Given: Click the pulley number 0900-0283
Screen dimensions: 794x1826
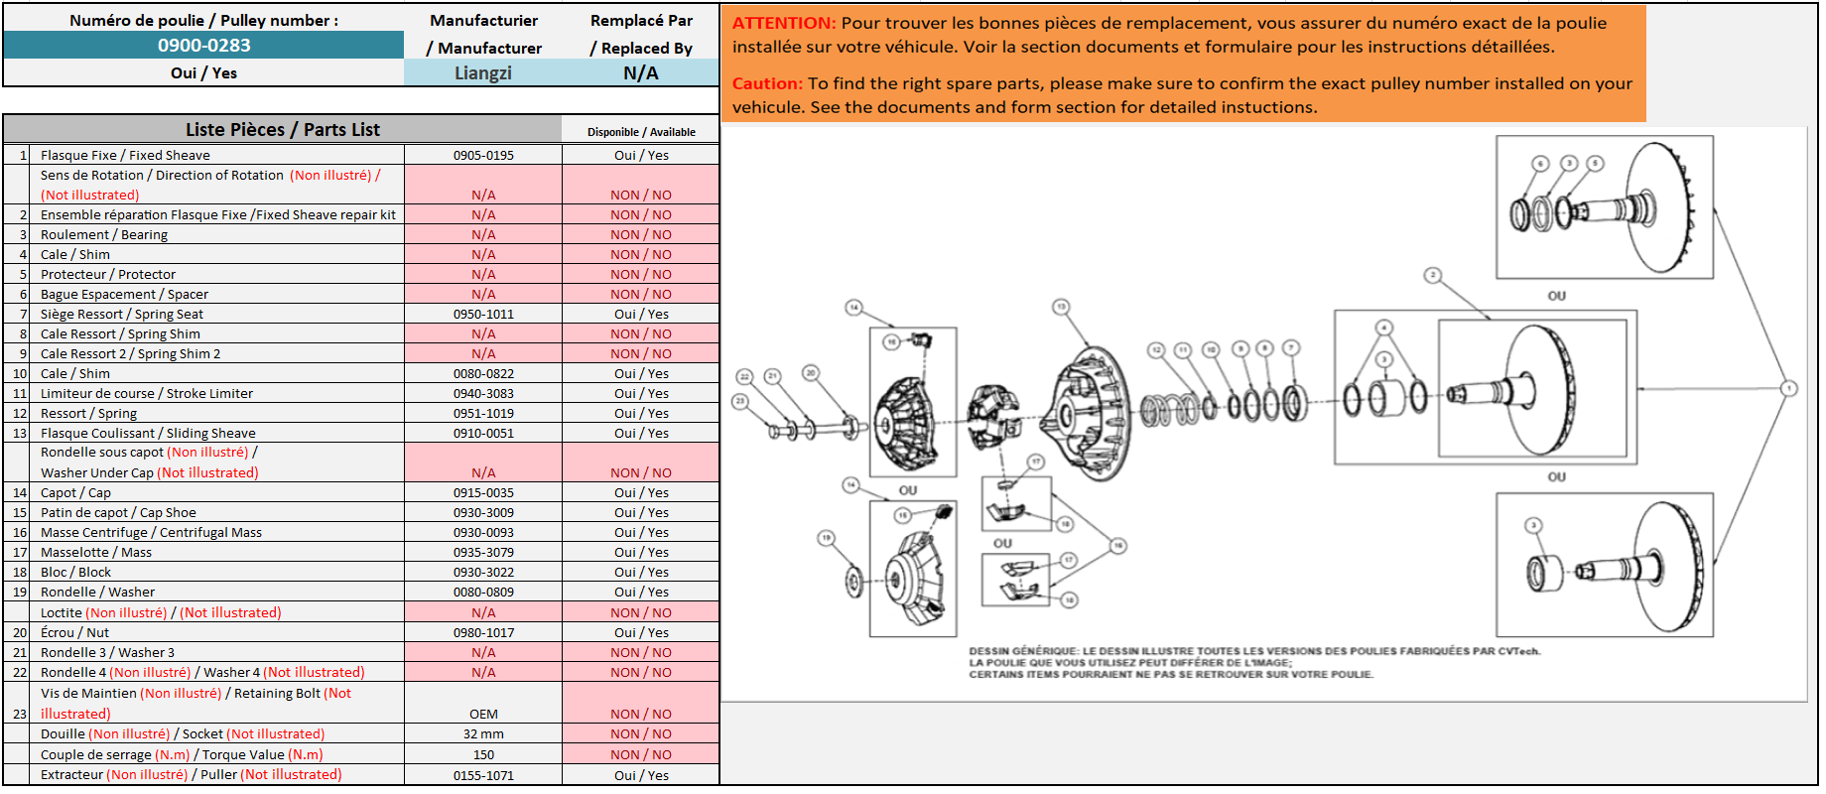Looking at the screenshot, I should [203, 46].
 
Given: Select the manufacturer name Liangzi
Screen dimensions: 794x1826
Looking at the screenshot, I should [483, 73].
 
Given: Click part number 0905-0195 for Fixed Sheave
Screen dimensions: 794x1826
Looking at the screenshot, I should [483, 156].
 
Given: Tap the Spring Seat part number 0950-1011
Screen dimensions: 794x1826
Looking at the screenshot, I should [483, 315].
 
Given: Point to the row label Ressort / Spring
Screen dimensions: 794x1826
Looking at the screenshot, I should [88, 414].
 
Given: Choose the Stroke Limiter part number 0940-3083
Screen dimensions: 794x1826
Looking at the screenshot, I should [483, 394].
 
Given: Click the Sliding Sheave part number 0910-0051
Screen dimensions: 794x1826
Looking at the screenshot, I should [483, 434].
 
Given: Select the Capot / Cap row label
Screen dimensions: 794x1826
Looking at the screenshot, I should [75, 493].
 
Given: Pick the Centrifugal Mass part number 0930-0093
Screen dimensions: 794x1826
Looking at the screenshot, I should [483, 533].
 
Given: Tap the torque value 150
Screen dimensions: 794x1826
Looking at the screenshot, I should [483, 755].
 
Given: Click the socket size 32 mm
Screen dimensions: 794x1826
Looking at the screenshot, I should [483, 734].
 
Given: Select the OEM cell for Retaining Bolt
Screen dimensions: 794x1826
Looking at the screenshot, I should [483, 715].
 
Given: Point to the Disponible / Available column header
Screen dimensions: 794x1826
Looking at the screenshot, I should [641, 132].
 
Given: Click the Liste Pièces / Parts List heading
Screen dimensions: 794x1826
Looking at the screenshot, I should [283, 130].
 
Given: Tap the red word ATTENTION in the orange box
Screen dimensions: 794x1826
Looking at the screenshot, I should [784, 23].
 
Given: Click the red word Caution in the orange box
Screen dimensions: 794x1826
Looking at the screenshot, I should [767, 84].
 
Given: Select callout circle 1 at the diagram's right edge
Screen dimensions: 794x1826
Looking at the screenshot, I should [1788, 388].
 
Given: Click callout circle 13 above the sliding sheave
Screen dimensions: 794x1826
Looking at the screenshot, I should [1061, 307].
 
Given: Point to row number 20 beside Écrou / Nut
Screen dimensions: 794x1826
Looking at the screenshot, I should [20, 633].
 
